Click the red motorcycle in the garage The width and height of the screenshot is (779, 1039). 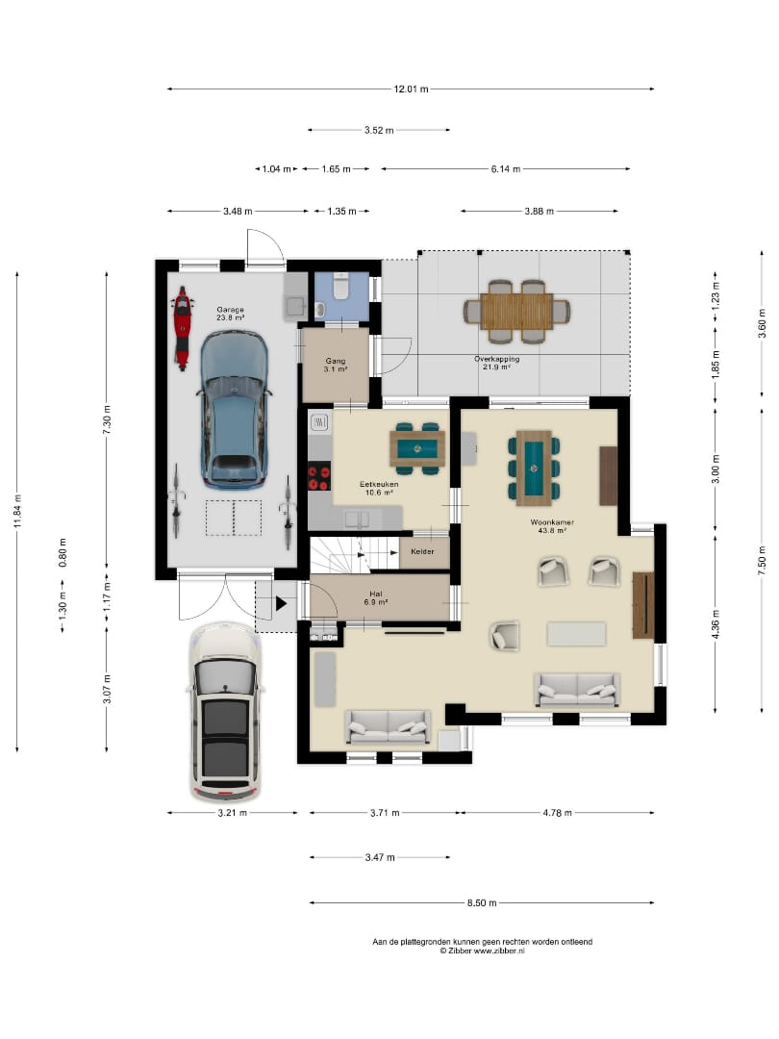(x=182, y=328)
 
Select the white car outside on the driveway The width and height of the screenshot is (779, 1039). (x=224, y=712)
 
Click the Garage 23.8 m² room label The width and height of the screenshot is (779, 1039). (x=230, y=314)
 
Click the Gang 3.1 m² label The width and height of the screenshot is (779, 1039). (x=336, y=366)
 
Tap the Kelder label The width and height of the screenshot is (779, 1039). (x=422, y=551)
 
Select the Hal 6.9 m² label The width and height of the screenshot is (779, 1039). (x=376, y=598)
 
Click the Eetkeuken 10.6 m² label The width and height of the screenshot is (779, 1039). (x=379, y=489)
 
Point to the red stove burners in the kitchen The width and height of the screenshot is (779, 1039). (x=318, y=478)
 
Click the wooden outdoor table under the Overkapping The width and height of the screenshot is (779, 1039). (x=516, y=312)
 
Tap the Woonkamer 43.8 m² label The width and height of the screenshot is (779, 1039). (x=552, y=526)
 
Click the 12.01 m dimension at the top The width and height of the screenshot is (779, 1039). (x=411, y=89)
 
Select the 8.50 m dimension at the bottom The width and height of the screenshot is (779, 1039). (x=482, y=902)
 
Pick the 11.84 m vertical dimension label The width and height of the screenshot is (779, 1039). (x=18, y=512)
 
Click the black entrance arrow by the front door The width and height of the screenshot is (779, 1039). (x=281, y=603)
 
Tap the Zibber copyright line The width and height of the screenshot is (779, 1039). (x=482, y=950)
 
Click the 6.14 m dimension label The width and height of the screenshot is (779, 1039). (x=506, y=169)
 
